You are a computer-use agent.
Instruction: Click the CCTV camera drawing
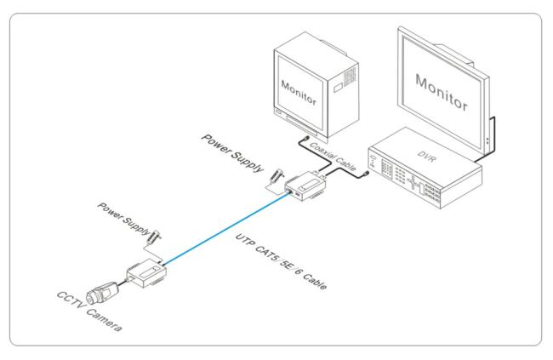click(103, 293)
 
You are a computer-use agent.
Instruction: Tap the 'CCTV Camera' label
click(89, 311)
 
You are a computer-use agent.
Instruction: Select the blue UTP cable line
click(226, 228)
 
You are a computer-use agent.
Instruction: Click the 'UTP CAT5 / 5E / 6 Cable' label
click(281, 261)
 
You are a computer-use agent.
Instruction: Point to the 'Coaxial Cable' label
click(333, 157)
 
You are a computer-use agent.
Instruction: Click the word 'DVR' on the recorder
click(426, 156)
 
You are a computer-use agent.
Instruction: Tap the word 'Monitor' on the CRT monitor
click(299, 93)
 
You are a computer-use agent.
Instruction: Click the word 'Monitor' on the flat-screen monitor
click(442, 93)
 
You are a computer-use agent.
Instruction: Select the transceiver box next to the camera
click(146, 273)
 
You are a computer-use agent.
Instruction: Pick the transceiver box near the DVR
click(306, 186)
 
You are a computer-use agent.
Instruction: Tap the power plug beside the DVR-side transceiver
click(277, 175)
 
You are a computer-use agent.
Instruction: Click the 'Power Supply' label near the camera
click(124, 219)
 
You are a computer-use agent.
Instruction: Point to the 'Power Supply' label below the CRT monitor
click(232, 153)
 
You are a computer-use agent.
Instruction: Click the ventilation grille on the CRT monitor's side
click(350, 76)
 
